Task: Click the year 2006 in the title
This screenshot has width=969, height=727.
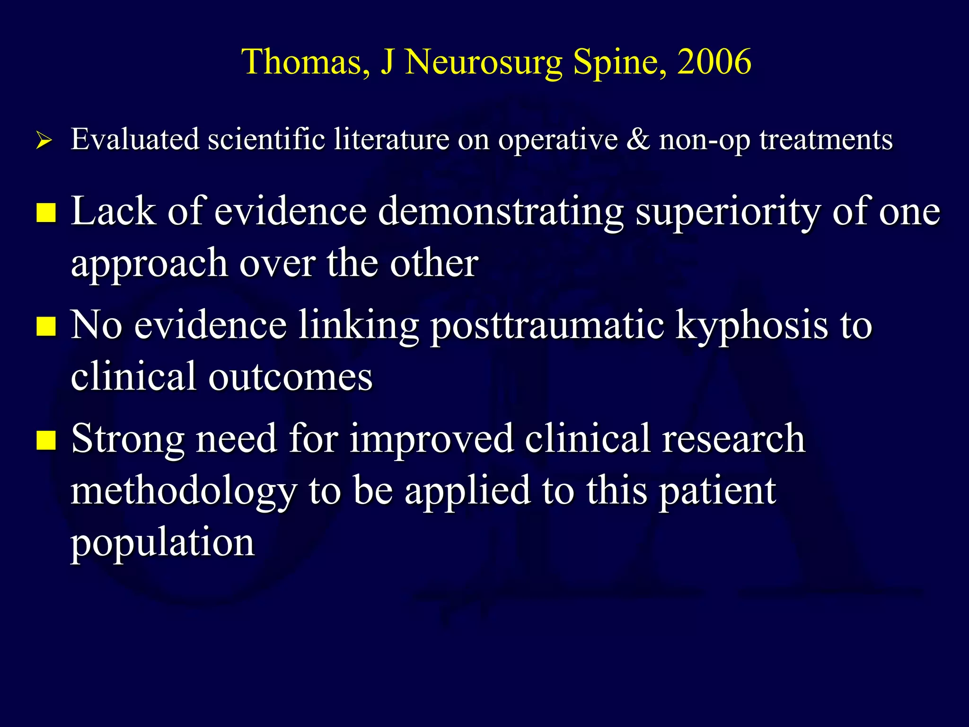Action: (714, 62)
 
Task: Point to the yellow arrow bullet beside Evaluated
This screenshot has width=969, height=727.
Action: (44, 141)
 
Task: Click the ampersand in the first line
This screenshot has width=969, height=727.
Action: (638, 140)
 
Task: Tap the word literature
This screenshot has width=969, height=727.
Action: (391, 140)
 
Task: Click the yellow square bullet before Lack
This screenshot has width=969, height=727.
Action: (46, 213)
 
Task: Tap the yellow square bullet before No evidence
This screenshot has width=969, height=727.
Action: (46, 326)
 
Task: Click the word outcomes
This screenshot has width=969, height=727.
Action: (291, 377)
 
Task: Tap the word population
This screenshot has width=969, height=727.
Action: (163, 542)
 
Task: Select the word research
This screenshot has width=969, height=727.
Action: (733, 439)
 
